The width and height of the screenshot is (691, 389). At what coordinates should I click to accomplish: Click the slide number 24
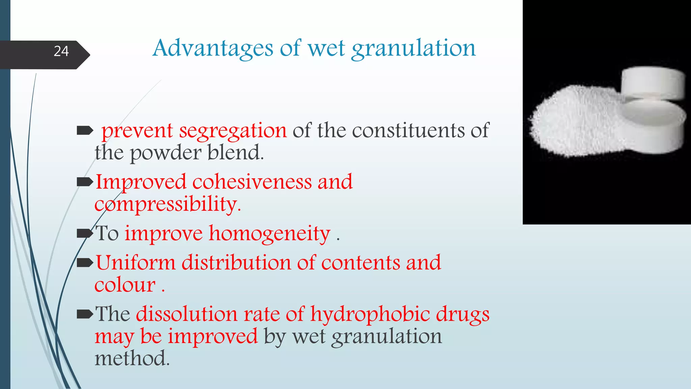(x=61, y=51)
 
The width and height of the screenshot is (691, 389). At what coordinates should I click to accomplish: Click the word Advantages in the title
(x=213, y=48)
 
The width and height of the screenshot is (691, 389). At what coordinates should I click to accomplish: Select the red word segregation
(x=233, y=131)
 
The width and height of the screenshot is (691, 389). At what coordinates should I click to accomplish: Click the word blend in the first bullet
(x=235, y=153)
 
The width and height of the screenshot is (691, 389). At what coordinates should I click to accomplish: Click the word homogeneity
(x=269, y=234)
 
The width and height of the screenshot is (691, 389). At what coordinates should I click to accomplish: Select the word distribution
(x=236, y=263)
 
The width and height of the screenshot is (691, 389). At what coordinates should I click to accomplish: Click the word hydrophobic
(x=370, y=314)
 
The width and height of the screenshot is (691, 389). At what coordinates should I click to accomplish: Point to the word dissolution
(x=187, y=314)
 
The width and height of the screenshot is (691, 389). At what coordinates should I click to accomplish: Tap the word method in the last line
(x=132, y=359)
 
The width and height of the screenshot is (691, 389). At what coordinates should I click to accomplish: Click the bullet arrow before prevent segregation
(x=85, y=130)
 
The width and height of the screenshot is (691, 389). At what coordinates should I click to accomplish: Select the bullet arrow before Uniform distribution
(x=85, y=262)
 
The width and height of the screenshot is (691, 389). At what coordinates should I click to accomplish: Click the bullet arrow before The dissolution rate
(x=85, y=314)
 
